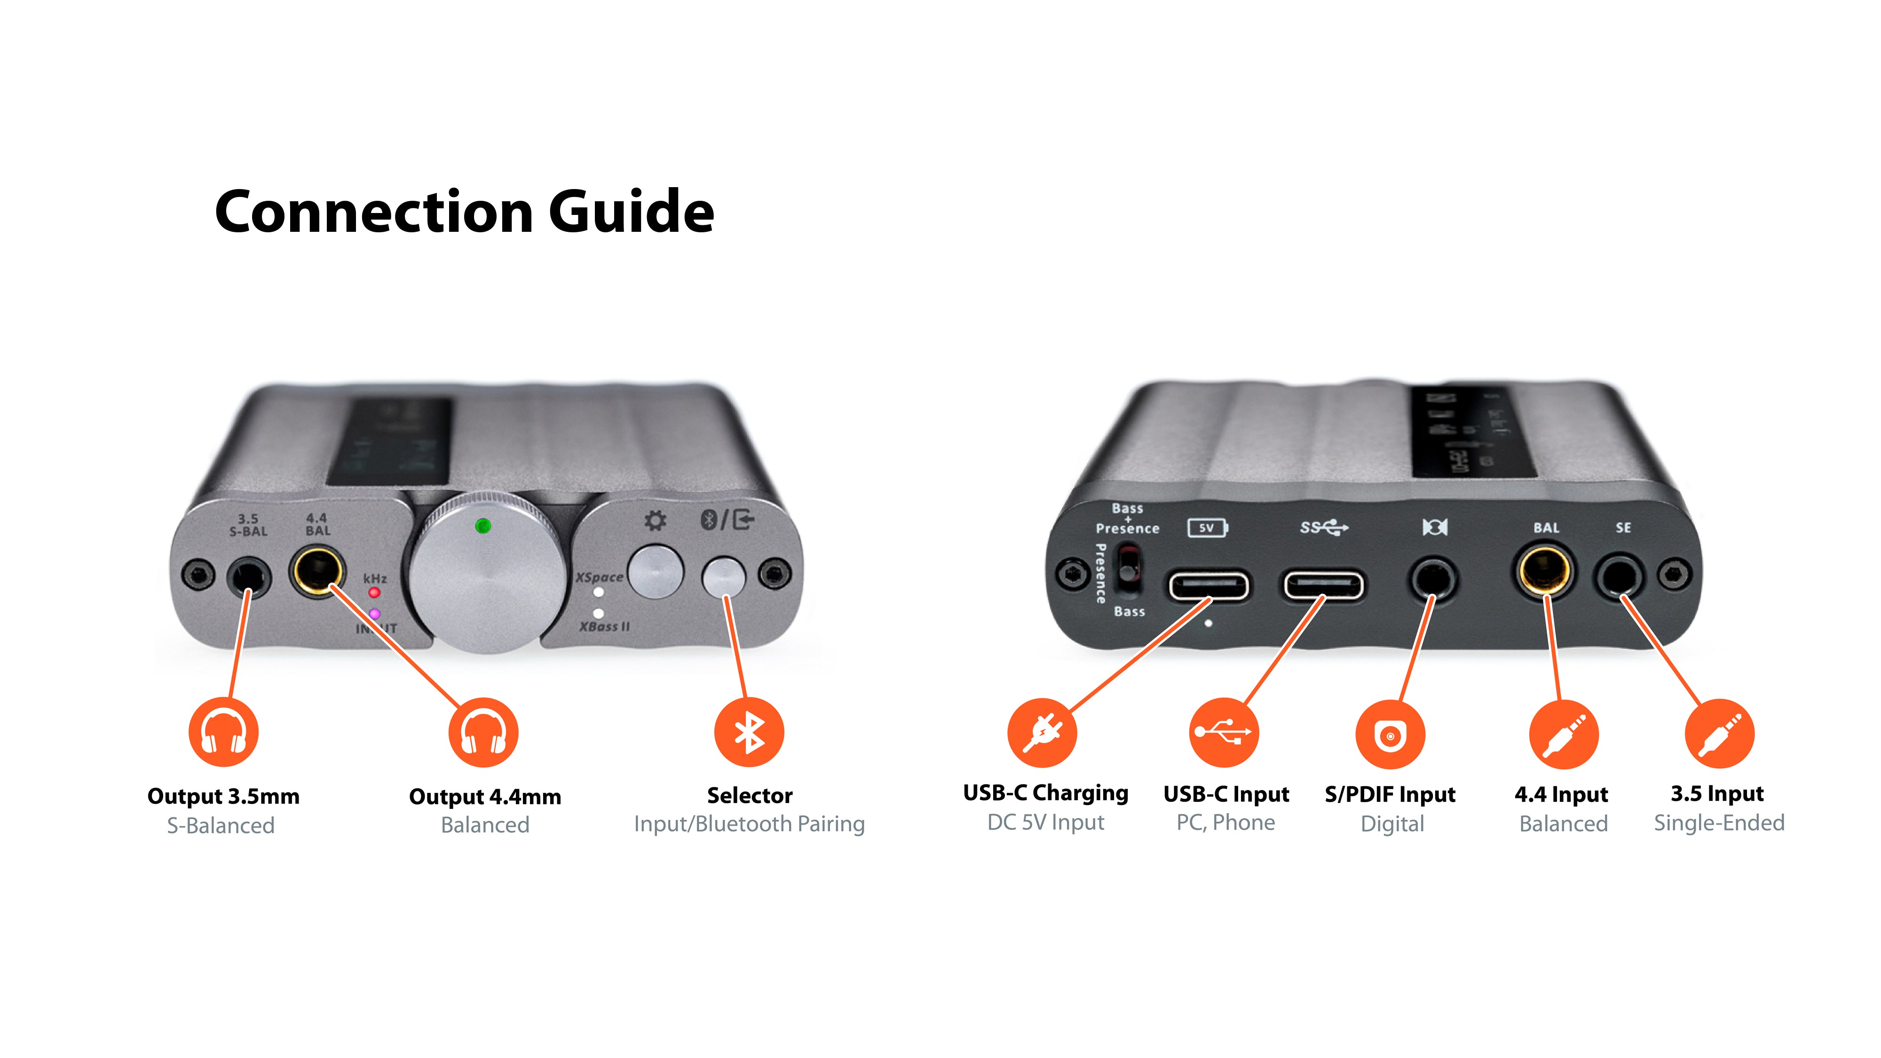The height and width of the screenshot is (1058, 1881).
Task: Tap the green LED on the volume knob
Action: coord(482,526)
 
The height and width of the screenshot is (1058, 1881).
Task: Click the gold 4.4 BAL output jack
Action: coord(317,572)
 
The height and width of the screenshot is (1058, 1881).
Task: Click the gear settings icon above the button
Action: coord(655,521)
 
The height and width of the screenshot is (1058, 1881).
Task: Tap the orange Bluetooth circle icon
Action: coord(749,732)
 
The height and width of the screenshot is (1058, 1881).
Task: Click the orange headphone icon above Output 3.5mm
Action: coord(223,732)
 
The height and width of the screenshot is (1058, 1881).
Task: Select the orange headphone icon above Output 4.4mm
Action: coord(483,732)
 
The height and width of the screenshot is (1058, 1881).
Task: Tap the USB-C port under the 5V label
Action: coord(1209,585)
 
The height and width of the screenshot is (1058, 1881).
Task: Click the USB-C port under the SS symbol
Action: coord(1323,585)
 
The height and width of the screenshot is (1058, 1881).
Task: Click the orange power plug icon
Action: coord(1042,732)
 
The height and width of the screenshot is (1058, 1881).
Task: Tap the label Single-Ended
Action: coord(1719,823)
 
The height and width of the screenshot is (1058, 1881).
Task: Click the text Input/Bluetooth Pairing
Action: coord(749,824)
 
